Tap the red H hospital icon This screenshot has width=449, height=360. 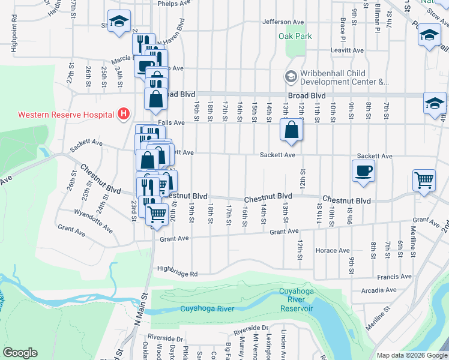click(x=124, y=113)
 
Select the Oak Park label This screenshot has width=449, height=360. click(x=295, y=36)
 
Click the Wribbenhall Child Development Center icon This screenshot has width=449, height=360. click(x=291, y=77)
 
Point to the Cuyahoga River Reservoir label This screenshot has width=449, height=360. click(x=297, y=299)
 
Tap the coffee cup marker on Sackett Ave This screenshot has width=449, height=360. click(x=363, y=170)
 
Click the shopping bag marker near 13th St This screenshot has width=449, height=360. click(x=291, y=130)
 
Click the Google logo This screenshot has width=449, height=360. click(x=20, y=353)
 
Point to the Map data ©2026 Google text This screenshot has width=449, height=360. click(x=411, y=355)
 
